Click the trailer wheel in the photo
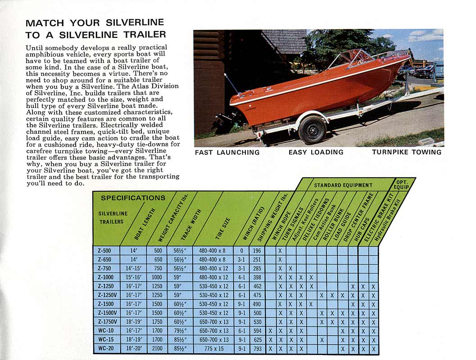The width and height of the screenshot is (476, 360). pos(312,129)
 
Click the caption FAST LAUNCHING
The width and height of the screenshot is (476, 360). pos(227,153)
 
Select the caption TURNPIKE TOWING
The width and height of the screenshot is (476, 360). pos(407,152)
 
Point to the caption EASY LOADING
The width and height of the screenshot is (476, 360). pos(316,152)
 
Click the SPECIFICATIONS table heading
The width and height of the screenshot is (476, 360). pos(133,198)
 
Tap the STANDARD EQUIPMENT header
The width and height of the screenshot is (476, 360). pos(343,185)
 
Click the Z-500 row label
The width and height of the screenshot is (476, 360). pos(104,251)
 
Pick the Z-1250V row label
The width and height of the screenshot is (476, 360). pos(107,295)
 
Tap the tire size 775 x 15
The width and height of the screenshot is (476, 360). pos(214,348)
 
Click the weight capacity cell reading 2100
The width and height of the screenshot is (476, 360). pos(157,348)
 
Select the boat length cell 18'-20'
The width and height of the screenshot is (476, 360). pos(134,348)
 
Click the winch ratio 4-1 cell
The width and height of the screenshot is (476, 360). pos(241,277)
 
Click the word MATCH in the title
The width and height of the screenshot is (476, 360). pos(44,23)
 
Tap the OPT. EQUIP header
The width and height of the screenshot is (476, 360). pos(402,184)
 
